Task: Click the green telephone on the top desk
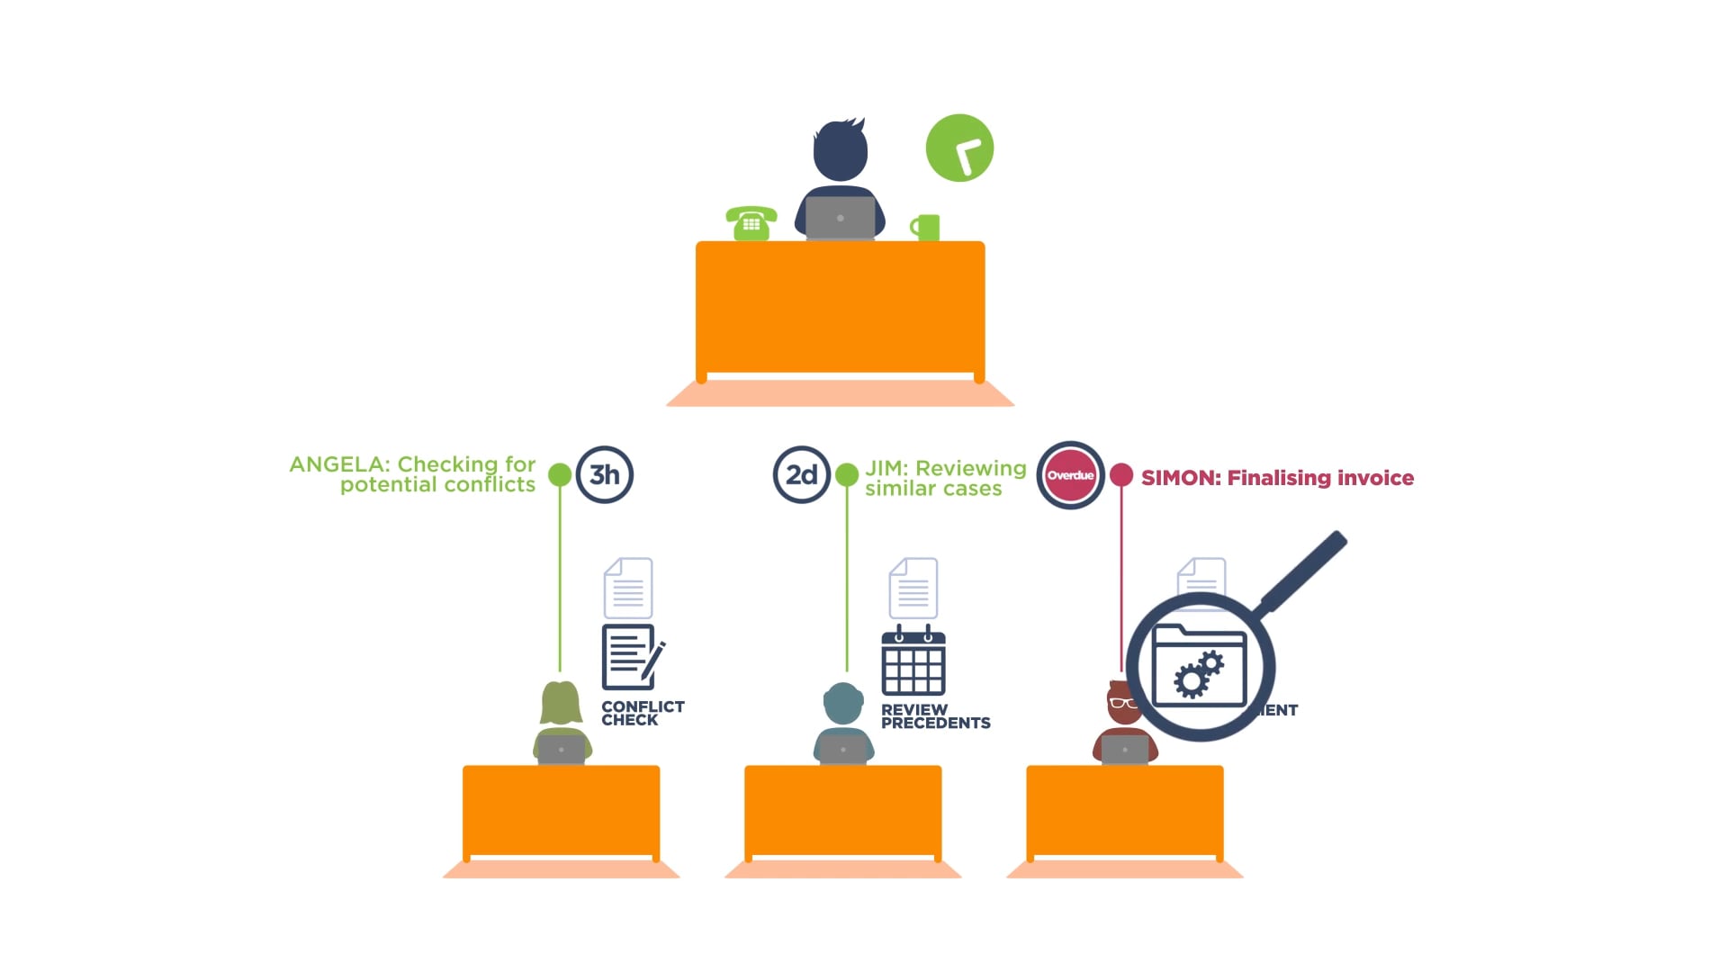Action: pos(751,223)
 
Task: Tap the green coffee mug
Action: pos(927,228)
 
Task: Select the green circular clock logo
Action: pos(959,148)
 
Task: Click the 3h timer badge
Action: pos(605,474)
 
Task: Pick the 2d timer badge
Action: pos(801,474)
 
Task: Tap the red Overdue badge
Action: pos(1070,475)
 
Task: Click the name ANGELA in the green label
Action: pos(336,464)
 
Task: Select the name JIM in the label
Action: pos(886,469)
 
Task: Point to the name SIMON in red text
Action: pos(1179,478)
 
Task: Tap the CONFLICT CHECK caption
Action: pos(642,713)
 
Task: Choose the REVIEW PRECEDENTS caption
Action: pos(934,716)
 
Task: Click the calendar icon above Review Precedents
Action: pos(913,661)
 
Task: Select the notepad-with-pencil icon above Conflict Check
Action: pos(632,656)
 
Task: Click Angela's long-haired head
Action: pos(561,703)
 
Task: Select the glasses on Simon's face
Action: pos(1121,703)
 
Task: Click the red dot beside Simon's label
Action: pos(1121,475)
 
